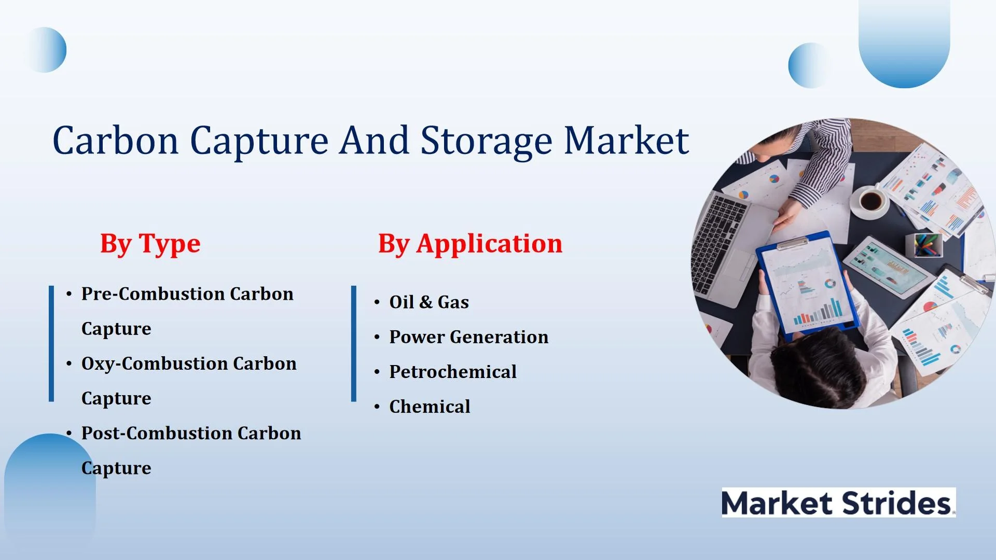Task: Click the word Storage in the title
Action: click(x=487, y=141)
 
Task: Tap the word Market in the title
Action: click(x=626, y=141)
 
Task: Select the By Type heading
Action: click(x=150, y=244)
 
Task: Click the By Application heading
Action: click(x=470, y=244)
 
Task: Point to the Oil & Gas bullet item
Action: click(x=429, y=302)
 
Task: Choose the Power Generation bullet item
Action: click(x=468, y=337)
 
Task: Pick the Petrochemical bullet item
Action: click(x=453, y=372)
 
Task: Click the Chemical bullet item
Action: click(x=430, y=407)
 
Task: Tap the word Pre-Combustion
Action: click(x=153, y=294)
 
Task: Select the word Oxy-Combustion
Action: click(x=155, y=364)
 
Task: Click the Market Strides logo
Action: click(x=838, y=502)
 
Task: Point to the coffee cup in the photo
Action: click(x=871, y=200)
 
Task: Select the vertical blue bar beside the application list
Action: click(x=354, y=343)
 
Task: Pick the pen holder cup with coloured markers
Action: click(x=923, y=245)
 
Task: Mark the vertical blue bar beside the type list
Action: click(x=51, y=343)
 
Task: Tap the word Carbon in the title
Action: click(x=116, y=141)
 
